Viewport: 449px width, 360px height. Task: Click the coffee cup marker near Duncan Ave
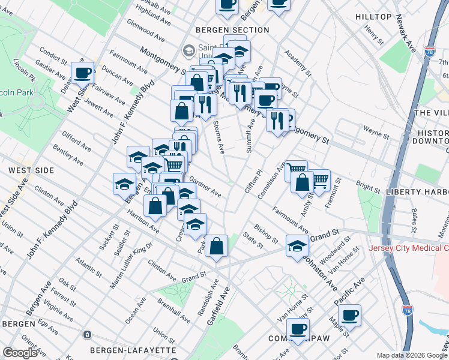click(83, 73)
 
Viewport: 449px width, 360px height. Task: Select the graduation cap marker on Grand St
click(297, 246)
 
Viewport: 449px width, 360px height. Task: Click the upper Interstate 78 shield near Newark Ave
click(429, 52)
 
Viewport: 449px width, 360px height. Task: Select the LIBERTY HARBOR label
click(417, 191)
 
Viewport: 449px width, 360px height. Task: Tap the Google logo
click(20, 353)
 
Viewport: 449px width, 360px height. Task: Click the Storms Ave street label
click(219, 136)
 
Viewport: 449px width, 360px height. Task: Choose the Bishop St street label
click(265, 233)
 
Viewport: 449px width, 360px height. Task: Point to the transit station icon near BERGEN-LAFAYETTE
click(88, 334)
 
